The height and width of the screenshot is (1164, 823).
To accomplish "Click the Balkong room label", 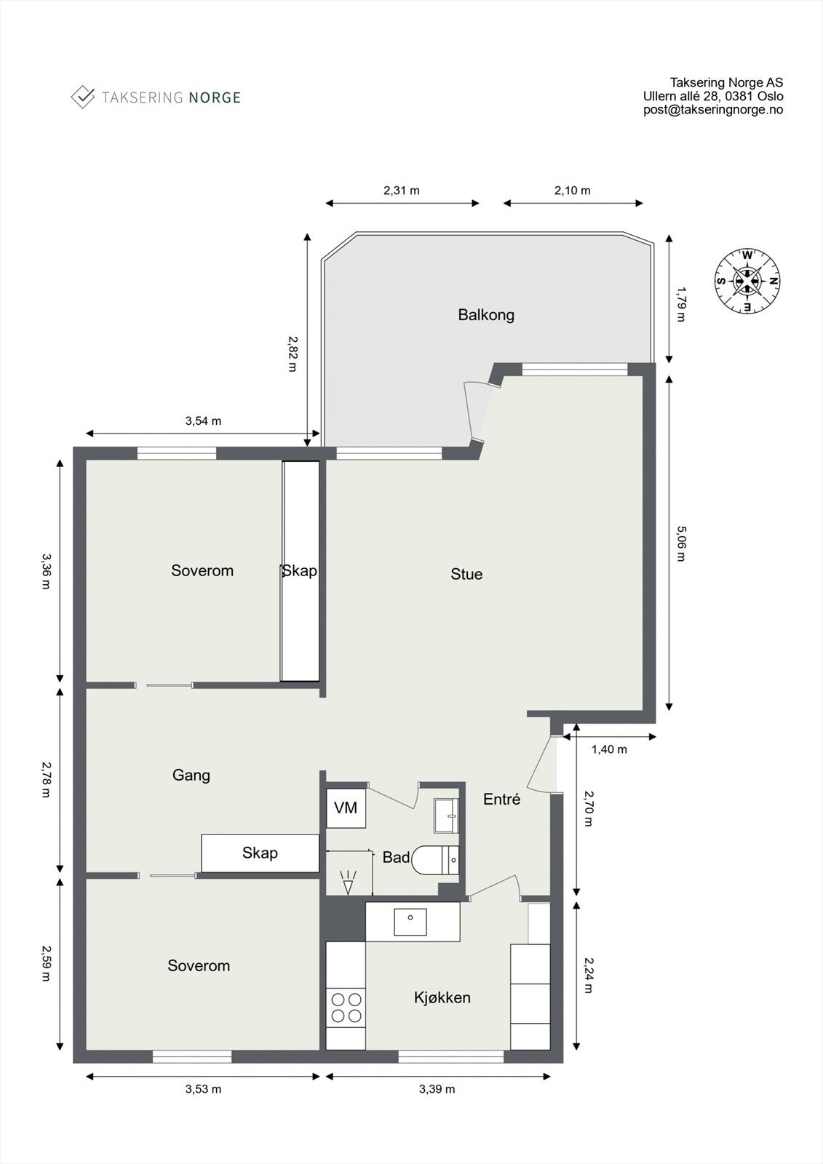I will tap(485, 315).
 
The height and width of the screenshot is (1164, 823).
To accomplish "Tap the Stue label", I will tap(466, 574).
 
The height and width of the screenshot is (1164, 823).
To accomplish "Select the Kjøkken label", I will tap(442, 997).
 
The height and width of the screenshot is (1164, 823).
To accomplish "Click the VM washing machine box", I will tap(346, 808).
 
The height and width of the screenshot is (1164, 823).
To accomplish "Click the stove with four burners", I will tap(346, 1008).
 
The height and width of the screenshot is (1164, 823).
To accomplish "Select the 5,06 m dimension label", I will tap(680, 543).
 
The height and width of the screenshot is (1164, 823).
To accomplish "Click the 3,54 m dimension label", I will tap(203, 420).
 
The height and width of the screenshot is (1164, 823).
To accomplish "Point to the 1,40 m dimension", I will tap(608, 749).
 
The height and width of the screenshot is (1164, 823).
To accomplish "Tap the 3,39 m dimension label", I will tap(437, 1089).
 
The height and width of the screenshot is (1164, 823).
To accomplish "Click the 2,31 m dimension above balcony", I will tap(402, 191).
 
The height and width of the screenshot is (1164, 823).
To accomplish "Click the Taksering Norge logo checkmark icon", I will tap(83, 97).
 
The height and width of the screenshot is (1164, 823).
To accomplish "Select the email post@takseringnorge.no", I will tap(712, 110).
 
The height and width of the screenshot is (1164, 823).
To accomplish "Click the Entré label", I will tap(501, 800).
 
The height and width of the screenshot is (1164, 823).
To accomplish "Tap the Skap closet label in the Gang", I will tap(260, 853).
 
